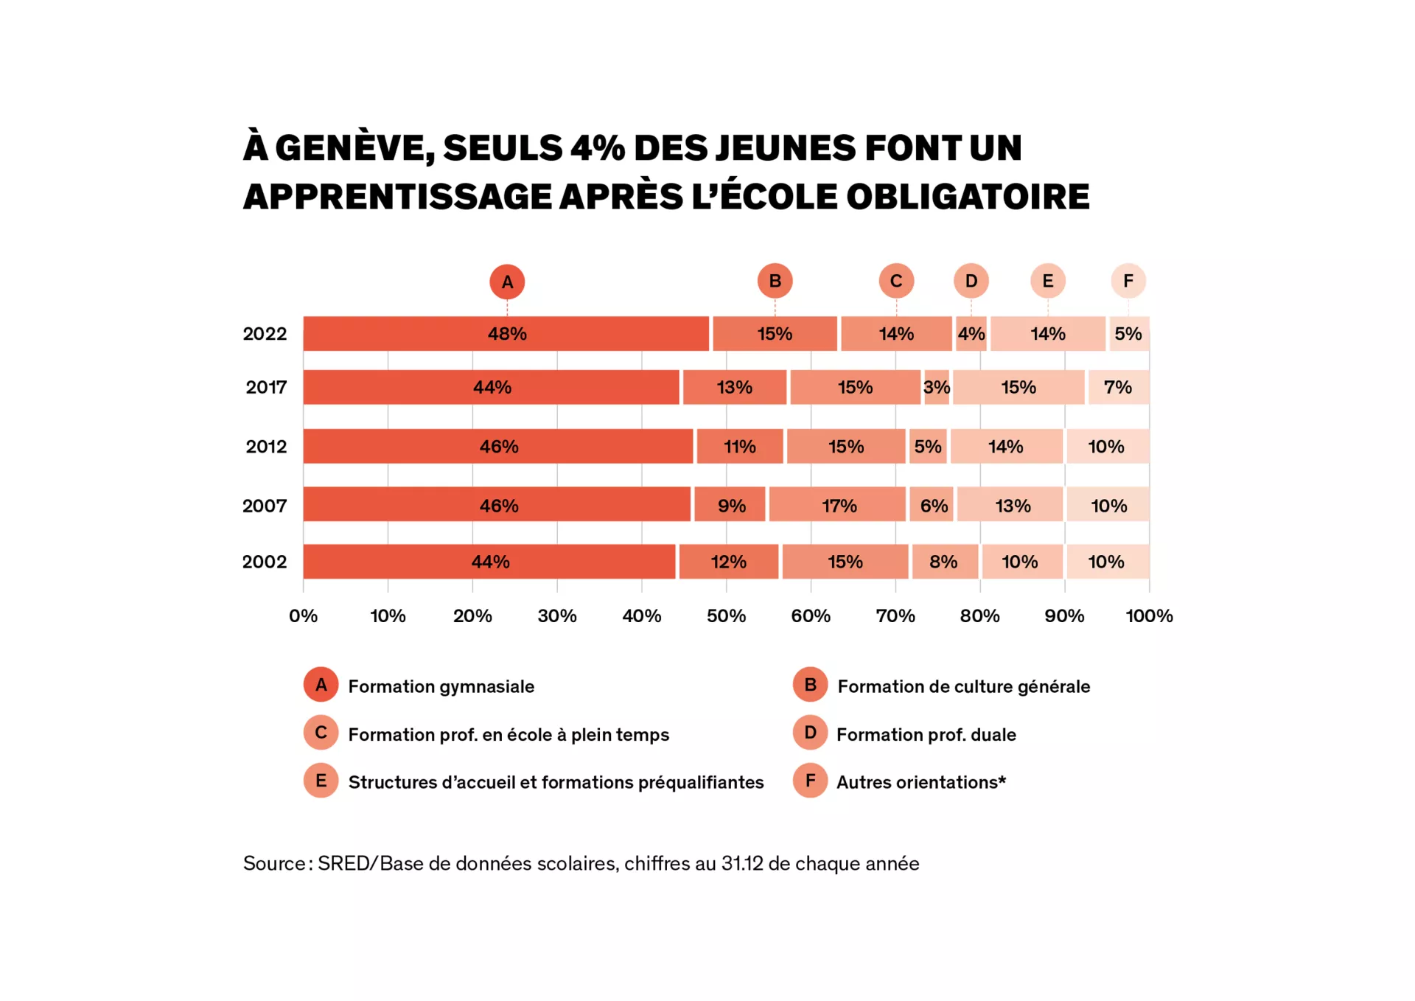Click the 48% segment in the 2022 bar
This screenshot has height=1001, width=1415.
506,334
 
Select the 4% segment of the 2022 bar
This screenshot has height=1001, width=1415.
971,334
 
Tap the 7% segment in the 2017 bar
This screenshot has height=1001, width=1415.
1117,388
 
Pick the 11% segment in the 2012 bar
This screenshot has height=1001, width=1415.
739,447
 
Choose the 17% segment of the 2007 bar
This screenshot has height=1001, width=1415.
838,506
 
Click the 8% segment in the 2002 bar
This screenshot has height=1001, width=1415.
944,562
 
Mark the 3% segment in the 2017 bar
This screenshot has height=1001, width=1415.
936,388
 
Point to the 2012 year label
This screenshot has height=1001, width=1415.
266,447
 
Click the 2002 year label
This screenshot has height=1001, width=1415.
265,562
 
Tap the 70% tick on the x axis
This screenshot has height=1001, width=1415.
895,616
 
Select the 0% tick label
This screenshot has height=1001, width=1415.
303,616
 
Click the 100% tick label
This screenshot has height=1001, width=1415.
1149,616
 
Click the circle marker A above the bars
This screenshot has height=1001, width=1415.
507,282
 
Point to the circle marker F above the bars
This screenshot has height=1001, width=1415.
1128,281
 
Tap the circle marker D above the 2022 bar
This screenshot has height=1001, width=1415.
971,281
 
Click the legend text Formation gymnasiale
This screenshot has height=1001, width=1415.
441,686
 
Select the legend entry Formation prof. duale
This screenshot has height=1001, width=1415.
926,734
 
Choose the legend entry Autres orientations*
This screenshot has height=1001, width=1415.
920,782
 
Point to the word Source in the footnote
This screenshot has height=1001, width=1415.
274,863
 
